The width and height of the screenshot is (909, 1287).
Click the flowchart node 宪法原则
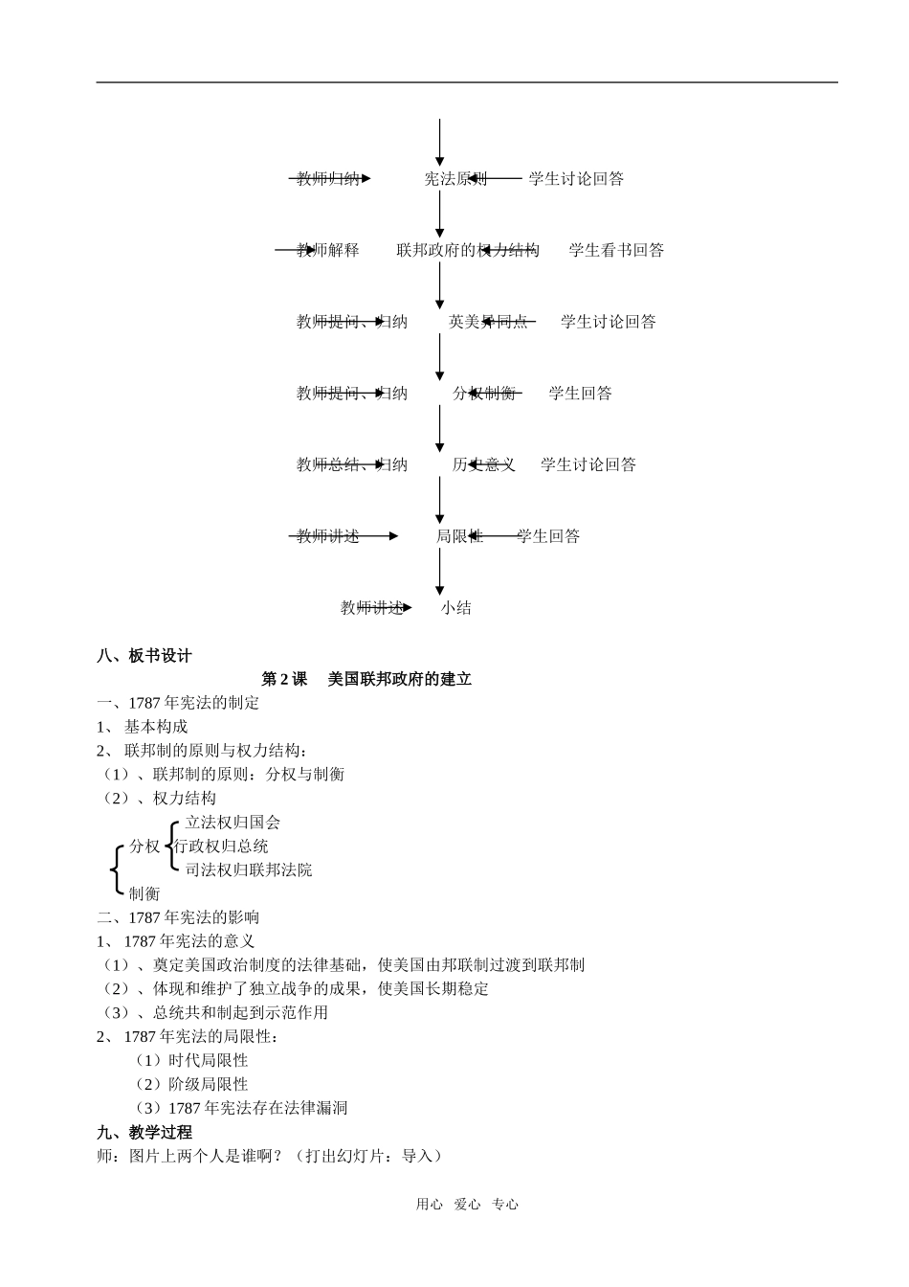point(455,179)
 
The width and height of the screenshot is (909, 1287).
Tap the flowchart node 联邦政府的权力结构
point(468,251)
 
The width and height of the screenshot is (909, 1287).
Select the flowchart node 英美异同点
point(488,323)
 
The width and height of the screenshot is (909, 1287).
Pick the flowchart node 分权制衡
point(484,394)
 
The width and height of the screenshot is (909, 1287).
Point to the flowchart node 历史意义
point(483,465)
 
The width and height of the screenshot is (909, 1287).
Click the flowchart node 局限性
point(459,536)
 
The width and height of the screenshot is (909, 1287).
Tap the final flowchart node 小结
point(455,608)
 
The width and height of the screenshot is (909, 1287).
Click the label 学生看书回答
point(616,251)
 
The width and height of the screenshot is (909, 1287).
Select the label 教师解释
point(328,251)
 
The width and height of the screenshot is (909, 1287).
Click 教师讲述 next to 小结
point(372,608)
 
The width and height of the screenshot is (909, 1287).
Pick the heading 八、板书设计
point(144,656)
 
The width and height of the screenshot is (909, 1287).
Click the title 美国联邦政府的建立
point(399,680)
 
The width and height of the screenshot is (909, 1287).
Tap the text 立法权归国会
point(233,823)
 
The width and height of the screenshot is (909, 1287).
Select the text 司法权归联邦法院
point(249,870)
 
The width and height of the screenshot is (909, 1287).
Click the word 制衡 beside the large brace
point(144,894)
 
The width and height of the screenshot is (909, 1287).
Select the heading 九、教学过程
point(144,1132)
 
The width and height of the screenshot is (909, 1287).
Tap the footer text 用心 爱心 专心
point(467,1205)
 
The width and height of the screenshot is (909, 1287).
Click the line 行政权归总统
point(221,847)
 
